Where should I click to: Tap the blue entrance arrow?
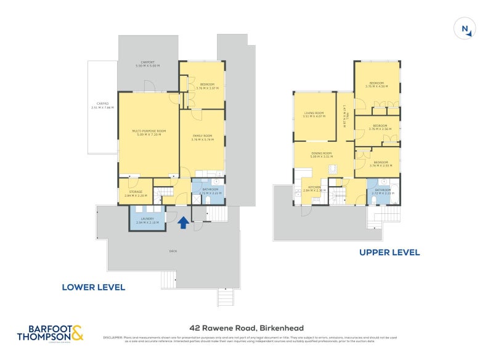183,223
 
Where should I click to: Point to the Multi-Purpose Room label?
149,132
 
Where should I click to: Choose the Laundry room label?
147,220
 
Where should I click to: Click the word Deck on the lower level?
173,251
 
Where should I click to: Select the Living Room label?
314,114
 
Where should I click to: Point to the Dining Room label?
322,154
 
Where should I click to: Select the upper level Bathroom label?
383,191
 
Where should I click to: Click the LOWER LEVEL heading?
94,287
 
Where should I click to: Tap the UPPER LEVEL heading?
390,252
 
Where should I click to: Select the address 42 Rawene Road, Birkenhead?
246,328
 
